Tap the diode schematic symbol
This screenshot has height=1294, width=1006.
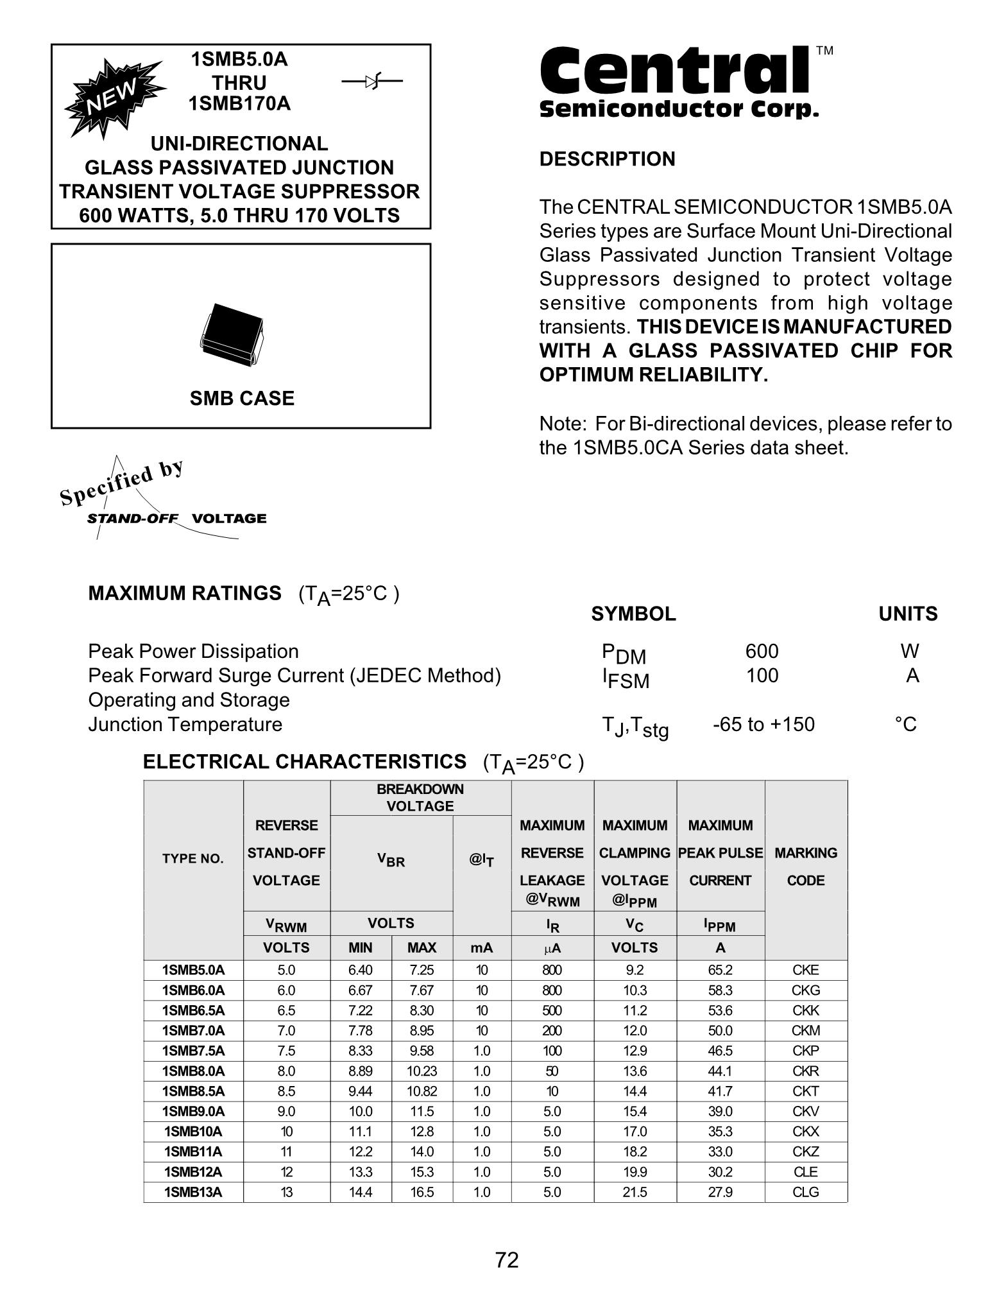[x=371, y=82]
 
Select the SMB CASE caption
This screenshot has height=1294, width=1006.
[x=242, y=399]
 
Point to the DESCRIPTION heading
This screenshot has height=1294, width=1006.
[x=607, y=159]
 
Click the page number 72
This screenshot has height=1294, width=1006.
[x=506, y=1260]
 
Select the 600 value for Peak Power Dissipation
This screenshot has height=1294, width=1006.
[x=762, y=651]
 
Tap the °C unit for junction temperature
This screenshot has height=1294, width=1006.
[x=905, y=725]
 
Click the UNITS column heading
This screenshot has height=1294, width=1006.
[x=908, y=614]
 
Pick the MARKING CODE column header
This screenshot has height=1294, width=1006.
[x=806, y=867]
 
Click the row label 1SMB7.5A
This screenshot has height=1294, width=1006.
[x=193, y=1051]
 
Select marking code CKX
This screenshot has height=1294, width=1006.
[x=806, y=1132]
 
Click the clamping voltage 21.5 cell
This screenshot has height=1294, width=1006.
[x=635, y=1192]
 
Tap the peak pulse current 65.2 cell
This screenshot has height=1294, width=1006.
[x=720, y=970]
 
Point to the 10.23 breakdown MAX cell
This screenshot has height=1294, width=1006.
[x=422, y=1071]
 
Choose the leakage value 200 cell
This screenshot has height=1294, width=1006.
[x=552, y=1031]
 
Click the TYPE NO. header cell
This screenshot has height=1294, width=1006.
[x=193, y=859]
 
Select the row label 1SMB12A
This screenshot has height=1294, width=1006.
[x=193, y=1172]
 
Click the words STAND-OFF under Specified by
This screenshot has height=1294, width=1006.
[x=132, y=519]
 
